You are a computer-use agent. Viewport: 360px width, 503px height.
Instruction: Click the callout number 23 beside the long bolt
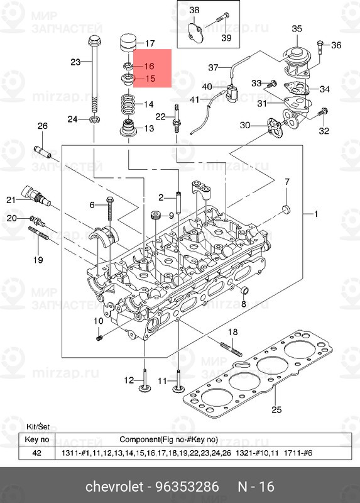coord(75,62)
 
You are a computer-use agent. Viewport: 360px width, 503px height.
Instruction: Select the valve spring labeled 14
coord(129,104)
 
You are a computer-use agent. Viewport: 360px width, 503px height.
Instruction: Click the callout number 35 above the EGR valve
coord(297,29)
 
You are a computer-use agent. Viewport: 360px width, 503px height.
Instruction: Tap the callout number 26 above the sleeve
coord(42,126)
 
